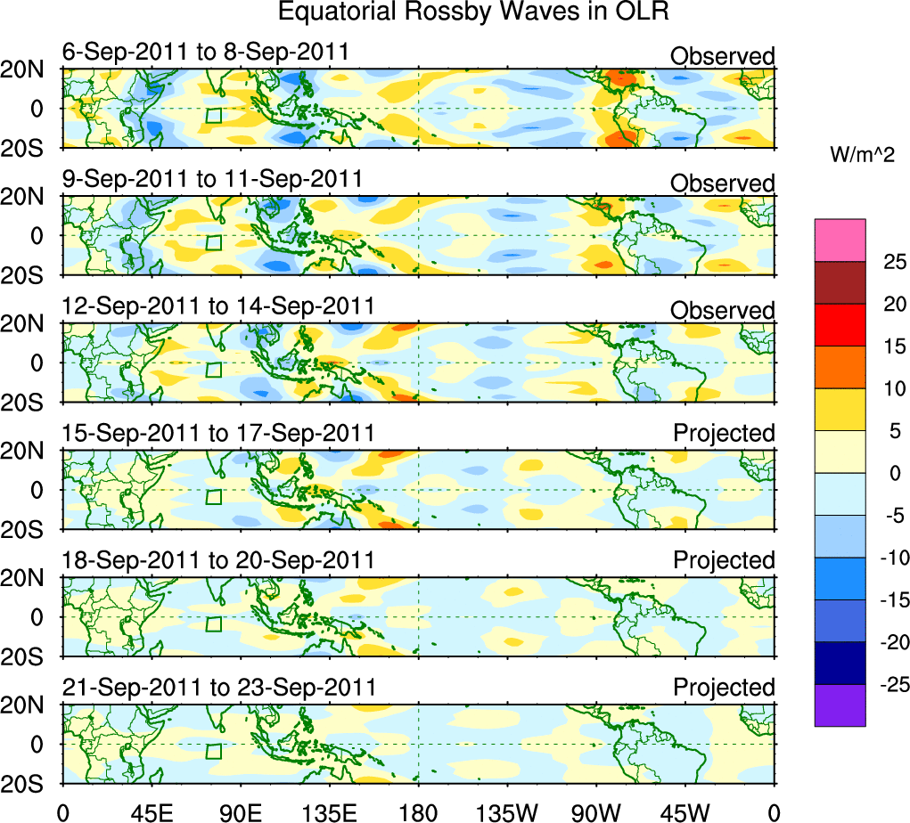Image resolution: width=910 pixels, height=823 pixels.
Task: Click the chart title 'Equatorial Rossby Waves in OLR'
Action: pyautogui.click(x=473, y=13)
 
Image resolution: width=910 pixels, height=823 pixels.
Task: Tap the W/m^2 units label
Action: pyautogui.click(x=864, y=155)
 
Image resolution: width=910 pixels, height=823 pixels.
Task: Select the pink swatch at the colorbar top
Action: pyautogui.click(x=840, y=240)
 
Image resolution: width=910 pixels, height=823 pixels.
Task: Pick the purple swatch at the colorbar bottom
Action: pyautogui.click(x=840, y=705)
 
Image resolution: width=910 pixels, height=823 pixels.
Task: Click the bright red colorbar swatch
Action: pyautogui.click(x=840, y=324)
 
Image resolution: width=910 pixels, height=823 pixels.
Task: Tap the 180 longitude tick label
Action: pyautogui.click(x=418, y=812)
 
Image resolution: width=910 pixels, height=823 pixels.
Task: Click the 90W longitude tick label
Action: pyautogui.click(x=596, y=812)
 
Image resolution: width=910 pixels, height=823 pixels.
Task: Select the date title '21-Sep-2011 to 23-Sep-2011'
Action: pyautogui.click(x=218, y=688)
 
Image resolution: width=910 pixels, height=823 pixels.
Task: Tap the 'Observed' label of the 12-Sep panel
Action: pyautogui.click(x=723, y=311)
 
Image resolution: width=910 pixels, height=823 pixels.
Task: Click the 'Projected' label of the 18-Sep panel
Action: pyautogui.click(x=724, y=560)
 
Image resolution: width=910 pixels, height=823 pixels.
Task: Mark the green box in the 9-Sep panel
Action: pyautogui.click(x=213, y=242)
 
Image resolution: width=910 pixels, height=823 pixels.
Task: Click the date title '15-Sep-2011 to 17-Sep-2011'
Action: pyautogui.click(x=218, y=433)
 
